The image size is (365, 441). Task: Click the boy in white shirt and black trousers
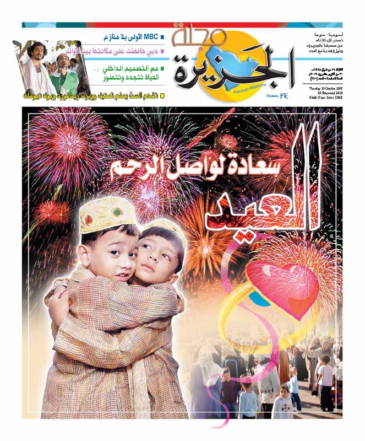pyautogui.click(x=326, y=380)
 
